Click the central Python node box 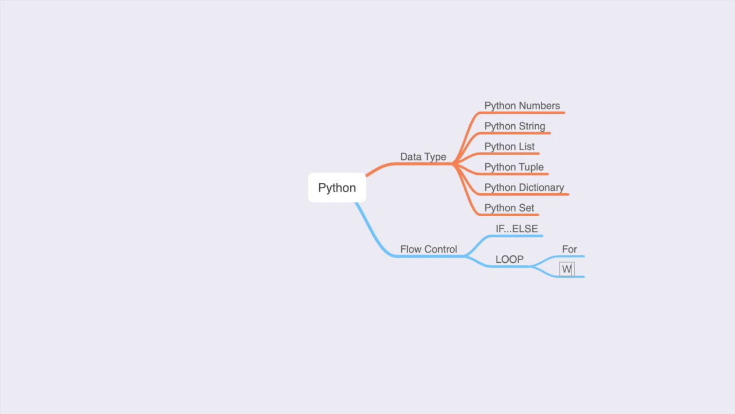(337, 188)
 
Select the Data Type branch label (423, 157)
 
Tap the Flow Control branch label (428, 250)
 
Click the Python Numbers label (521, 106)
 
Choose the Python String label (514, 126)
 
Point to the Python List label (509, 147)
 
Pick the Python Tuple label (513, 167)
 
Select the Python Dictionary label (524, 187)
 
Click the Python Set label (509, 208)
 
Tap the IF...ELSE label (516, 229)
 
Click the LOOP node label (509, 259)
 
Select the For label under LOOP (569, 249)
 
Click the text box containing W (567, 269)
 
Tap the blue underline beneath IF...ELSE (517, 236)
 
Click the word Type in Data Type (435, 157)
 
